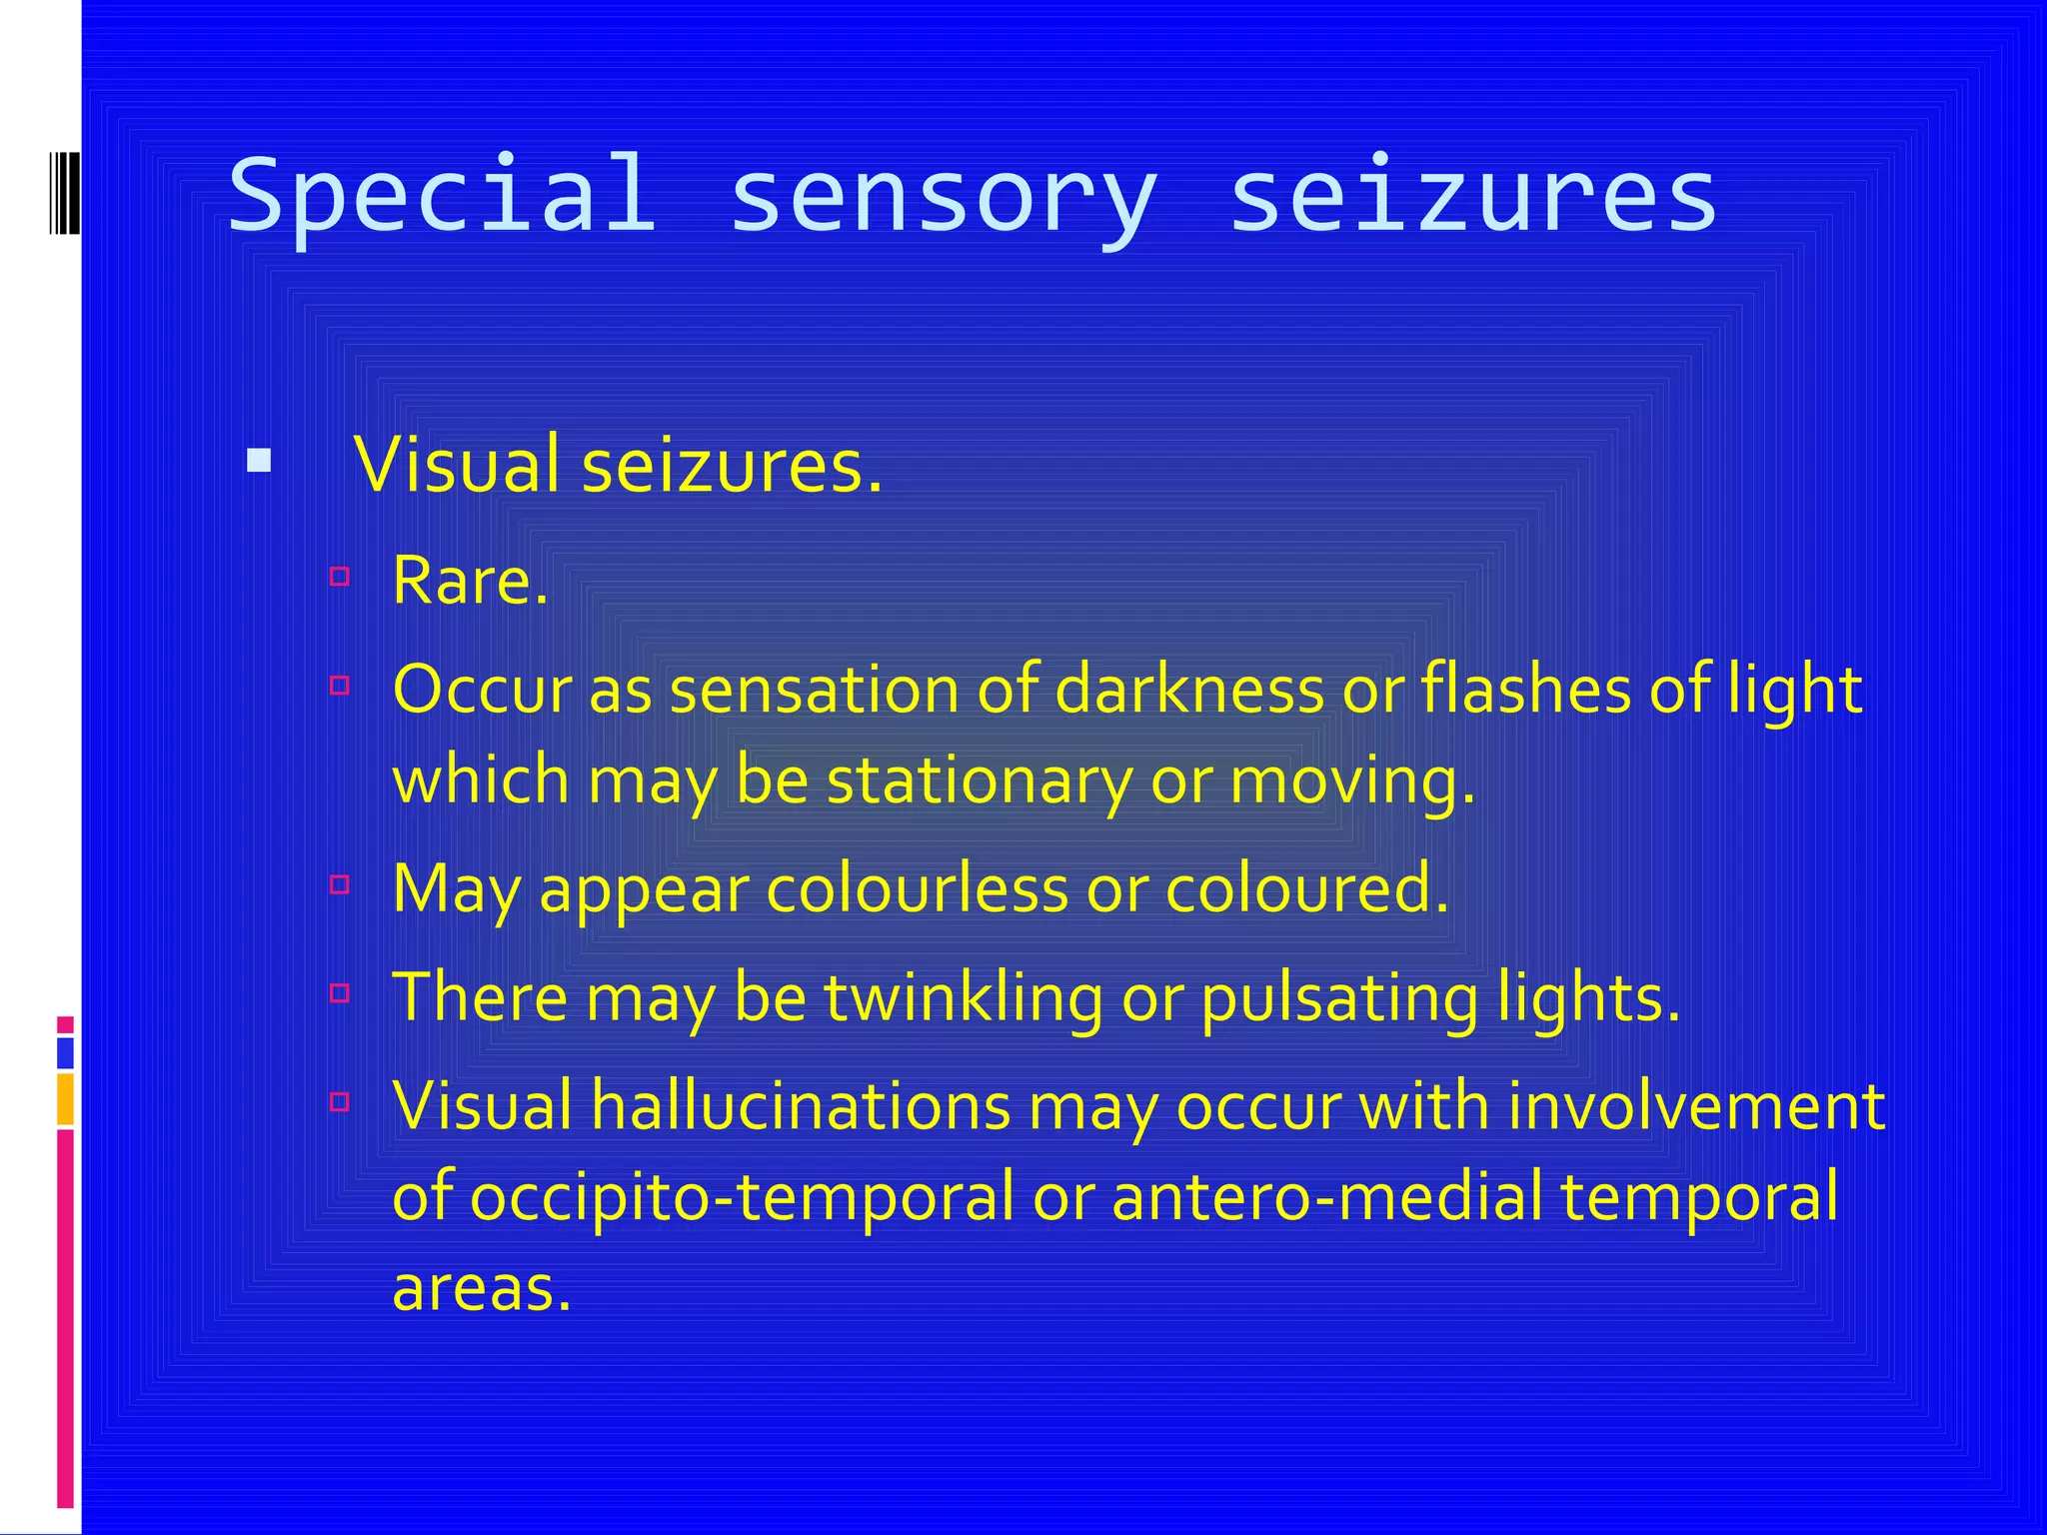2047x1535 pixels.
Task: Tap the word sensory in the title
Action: click(x=944, y=196)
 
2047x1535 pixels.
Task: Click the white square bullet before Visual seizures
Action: click(x=259, y=460)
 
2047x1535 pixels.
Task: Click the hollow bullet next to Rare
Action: click(x=340, y=576)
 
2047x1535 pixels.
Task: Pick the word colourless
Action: click(x=918, y=888)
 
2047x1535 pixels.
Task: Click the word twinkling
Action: click(x=964, y=997)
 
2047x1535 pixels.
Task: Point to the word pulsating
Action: click(x=1339, y=997)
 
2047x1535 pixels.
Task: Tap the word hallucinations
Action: click(x=801, y=1106)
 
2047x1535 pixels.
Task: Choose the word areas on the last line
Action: click(x=481, y=1288)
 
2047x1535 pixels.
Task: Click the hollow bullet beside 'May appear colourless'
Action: click(x=340, y=883)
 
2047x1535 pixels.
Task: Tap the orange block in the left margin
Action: click(x=65, y=1098)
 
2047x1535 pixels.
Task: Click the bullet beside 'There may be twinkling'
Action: click(x=340, y=992)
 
